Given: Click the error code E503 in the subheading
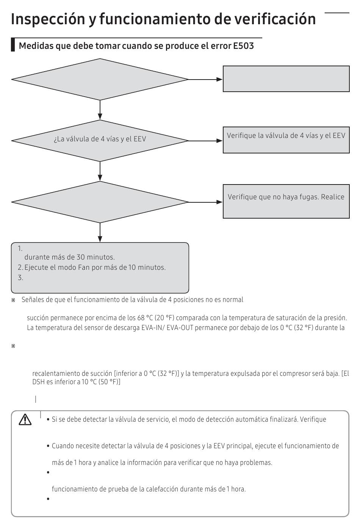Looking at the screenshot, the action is point(243,46).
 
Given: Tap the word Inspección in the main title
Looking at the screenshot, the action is point(48,19).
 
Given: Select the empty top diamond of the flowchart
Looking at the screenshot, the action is point(100,79).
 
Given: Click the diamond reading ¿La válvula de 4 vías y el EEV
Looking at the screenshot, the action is point(100,141).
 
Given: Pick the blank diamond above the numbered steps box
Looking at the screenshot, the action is point(100,202).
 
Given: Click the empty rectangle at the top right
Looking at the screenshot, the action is point(286,79).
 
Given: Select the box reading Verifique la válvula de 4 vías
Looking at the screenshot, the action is point(286,140).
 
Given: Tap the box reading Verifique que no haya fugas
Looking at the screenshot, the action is point(286,202).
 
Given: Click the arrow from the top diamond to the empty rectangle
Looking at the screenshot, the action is point(205,80).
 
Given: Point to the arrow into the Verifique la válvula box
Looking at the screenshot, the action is point(205,141).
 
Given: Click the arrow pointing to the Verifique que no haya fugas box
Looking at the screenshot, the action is point(205,202).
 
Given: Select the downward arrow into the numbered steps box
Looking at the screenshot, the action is point(100,233).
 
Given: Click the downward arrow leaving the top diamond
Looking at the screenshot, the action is point(100,110).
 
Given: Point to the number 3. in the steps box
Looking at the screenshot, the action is point(20,278).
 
